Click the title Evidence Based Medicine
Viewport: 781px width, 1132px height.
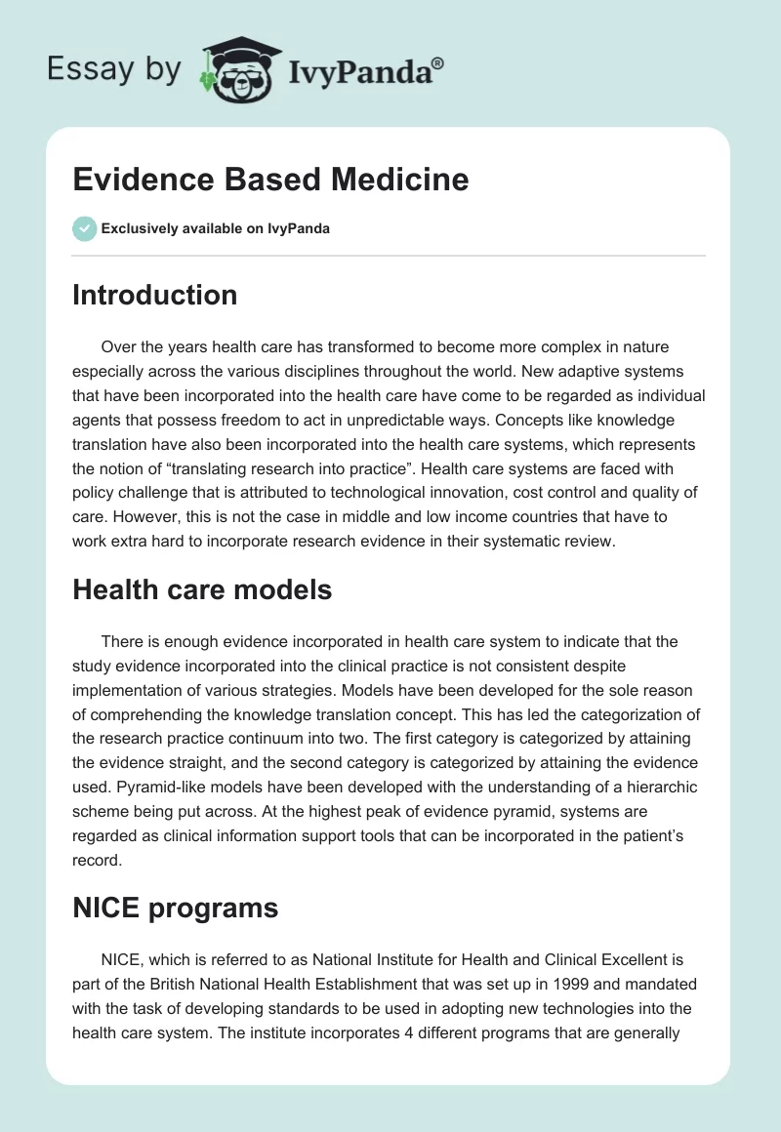(270, 180)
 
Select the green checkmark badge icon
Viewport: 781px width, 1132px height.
(84, 228)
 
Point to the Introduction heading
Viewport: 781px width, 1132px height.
(154, 295)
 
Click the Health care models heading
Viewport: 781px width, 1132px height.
(202, 589)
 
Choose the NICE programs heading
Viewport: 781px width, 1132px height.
(175, 909)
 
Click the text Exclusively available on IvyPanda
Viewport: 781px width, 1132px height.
(215, 228)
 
